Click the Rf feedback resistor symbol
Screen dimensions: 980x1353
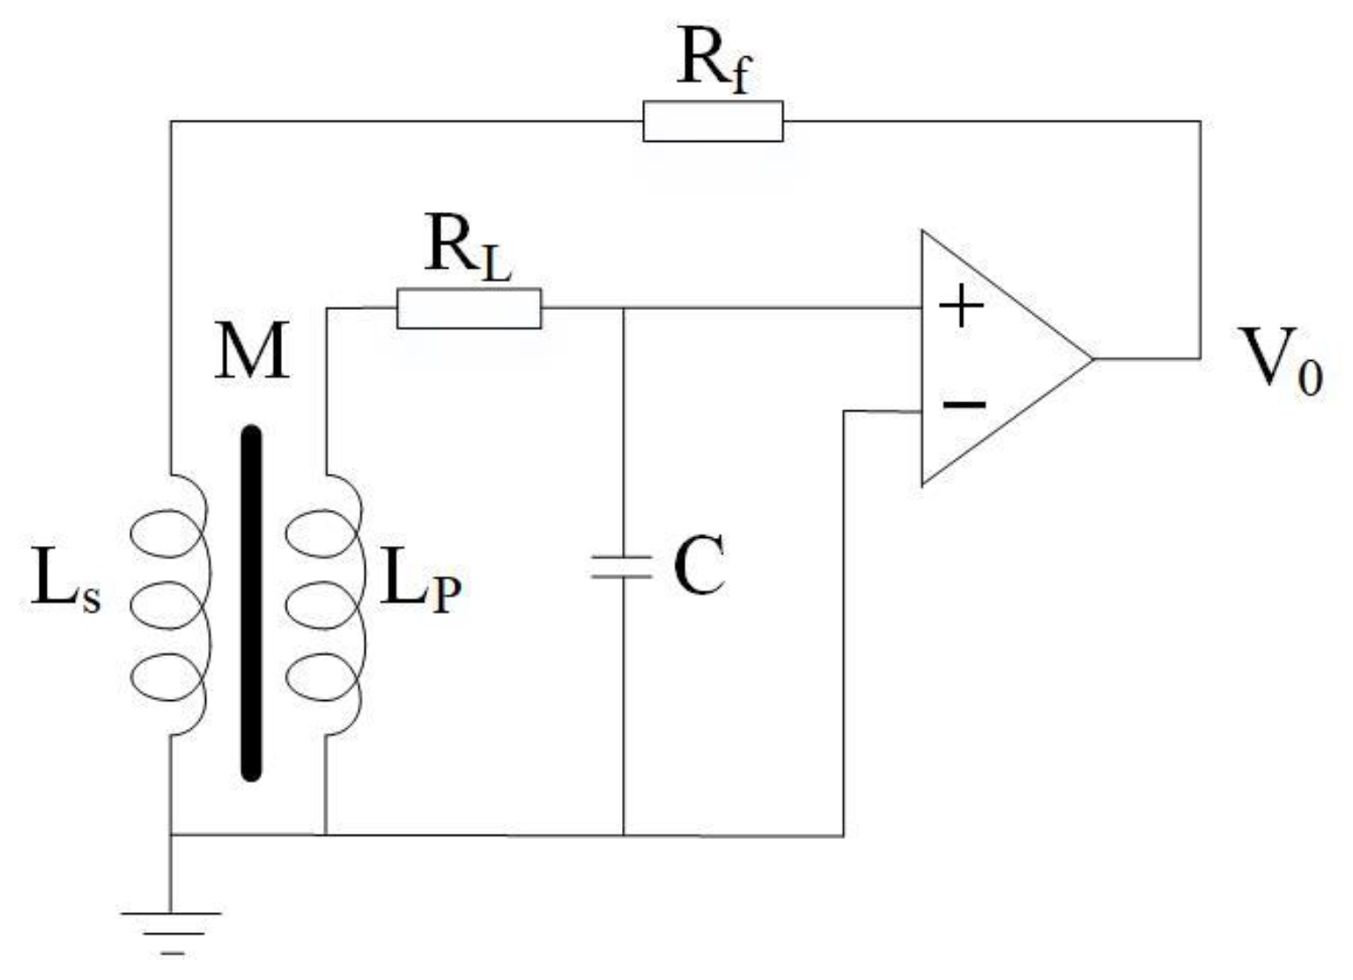pyautogui.click(x=713, y=122)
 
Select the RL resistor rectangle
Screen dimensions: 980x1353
pyautogui.click(x=469, y=308)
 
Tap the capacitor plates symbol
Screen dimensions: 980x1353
pyautogui.click(x=623, y=567)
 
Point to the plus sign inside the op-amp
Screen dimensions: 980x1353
pyautogui.click(x=961, y=308)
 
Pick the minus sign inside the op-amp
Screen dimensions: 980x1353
pyautogui.click(x=965, y=404)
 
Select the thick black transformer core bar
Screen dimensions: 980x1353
pyautogui.click(x=252, y=603)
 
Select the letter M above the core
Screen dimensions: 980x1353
pyautogui.click(x=252, y=351)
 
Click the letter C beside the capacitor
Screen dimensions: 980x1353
pyautogui.click(x=699, y=566)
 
